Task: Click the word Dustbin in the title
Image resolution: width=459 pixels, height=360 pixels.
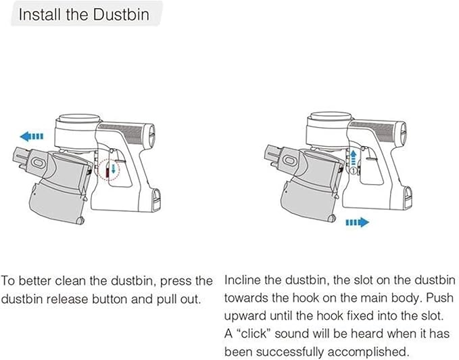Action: point(122,14)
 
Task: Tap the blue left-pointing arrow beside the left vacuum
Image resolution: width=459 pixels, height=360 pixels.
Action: point(32,136)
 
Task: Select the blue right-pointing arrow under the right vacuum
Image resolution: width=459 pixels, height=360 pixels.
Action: point(358,223)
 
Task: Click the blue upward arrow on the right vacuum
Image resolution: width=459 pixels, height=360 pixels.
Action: point(354,157)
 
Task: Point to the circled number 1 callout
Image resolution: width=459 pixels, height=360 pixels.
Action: point(354,170)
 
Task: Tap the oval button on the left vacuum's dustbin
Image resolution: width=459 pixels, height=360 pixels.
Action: point(38,162)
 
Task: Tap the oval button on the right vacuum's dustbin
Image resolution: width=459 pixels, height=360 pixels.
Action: point(289,160)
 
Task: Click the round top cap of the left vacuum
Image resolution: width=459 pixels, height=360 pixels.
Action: point(78,118)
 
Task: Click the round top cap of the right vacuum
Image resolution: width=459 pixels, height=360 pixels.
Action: point(330,116)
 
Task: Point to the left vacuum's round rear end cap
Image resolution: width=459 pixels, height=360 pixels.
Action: point(151,135)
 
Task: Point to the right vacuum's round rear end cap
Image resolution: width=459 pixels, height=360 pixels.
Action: point(404,133)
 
